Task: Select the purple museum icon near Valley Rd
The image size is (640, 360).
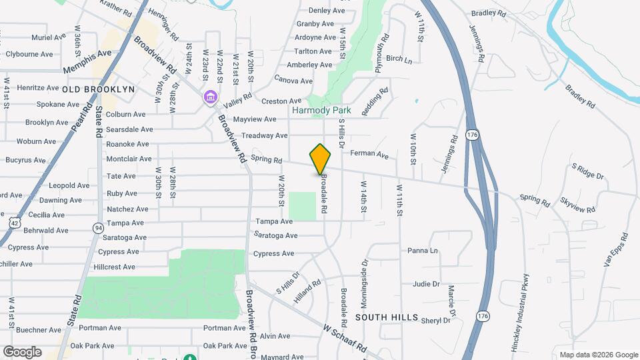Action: click(x=211, y=99)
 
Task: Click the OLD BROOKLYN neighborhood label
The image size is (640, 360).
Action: click(x=99, y=89)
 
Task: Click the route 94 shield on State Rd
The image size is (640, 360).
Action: click(x=99, y=229)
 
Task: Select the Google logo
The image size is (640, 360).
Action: click(x=22, y=351)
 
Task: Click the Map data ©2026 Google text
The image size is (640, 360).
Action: click(x=598, y=355)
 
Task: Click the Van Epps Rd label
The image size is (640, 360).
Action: click(x=617, y=251)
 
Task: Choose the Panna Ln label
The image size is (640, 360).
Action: click(x=423, y=251)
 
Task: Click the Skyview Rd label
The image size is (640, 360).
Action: click(x=577, y=205)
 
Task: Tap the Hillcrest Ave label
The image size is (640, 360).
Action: click(x=115, y=267)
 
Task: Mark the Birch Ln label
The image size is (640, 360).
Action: click(x=399, y=59)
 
